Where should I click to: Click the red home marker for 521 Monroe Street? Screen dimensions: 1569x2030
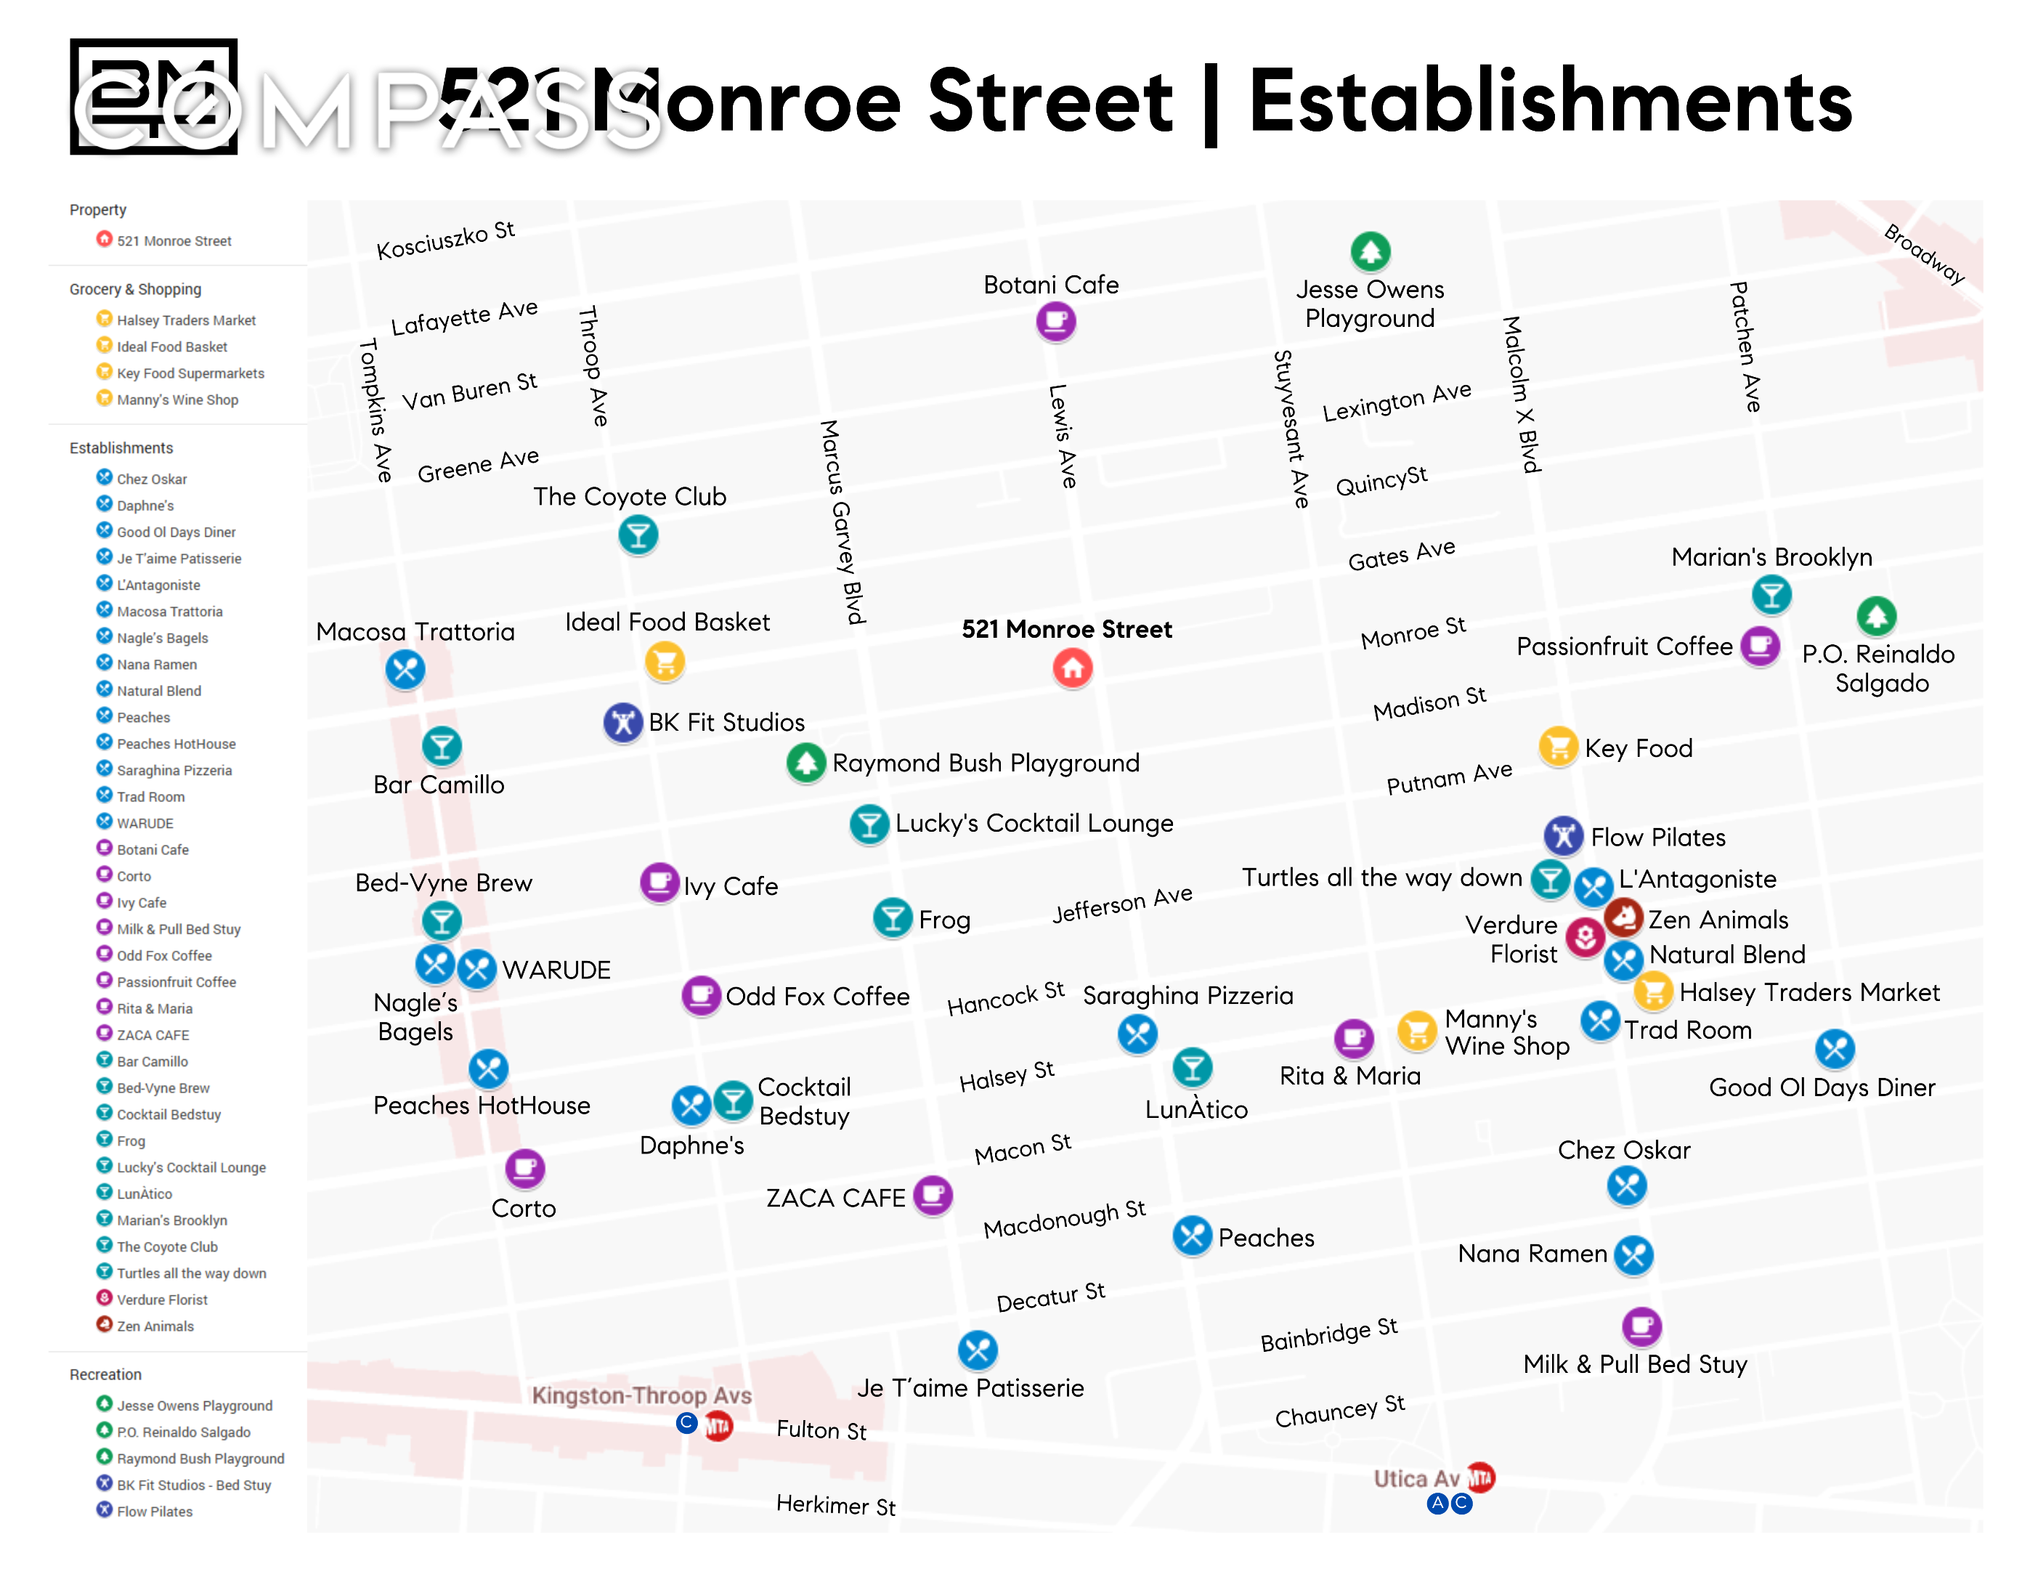[1072, 668]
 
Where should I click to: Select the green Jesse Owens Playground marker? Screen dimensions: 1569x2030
[1369, 251]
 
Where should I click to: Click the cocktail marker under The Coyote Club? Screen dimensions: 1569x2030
[638, 535]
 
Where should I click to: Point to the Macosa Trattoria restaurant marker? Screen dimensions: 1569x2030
[405, 669]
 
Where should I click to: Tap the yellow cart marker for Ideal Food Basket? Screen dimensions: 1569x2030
[665, 662]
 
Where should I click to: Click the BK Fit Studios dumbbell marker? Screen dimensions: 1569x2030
[622, 722]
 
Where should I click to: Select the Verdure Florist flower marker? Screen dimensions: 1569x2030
[1585, 936]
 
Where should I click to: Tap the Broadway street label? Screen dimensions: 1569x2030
[1923, 254]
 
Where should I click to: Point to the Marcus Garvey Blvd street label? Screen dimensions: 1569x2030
[842, 521]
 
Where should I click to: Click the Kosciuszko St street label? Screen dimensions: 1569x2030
[445, 240]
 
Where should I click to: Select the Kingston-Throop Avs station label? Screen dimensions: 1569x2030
[641, 1395]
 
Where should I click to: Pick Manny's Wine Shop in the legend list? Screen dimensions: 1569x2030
[176, 400]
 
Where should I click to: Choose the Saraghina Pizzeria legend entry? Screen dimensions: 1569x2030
[174, 771]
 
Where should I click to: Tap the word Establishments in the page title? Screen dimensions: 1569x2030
[1551, 102]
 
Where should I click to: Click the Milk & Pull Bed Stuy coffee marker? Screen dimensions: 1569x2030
[1641, 1326]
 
